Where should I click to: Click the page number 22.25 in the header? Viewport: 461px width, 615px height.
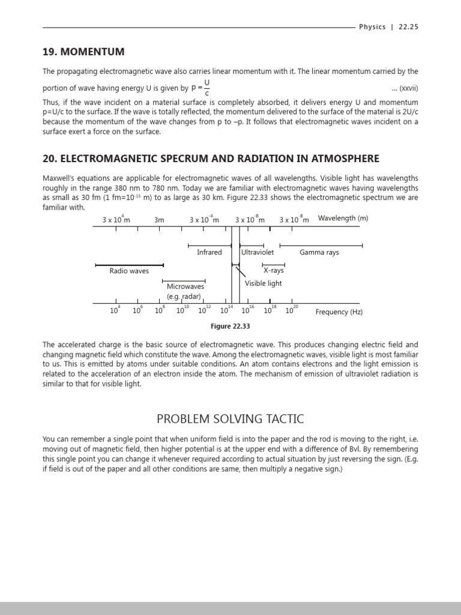pyautogui.click(x=408, y=27)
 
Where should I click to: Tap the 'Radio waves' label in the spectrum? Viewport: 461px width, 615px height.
pyautogui.click(x=129, y=271)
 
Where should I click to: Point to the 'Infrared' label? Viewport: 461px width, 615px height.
pyautogui.click(x=209, y=252)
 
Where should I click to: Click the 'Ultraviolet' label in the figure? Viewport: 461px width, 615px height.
pyautogui.click(x=258, y=252)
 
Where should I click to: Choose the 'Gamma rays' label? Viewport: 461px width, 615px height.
pyautogui.click(x=319, y=252)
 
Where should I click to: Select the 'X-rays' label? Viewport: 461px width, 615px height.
pyautogui.click(x=274, y=270)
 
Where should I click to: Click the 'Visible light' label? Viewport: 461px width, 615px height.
pyautogui.click(x=263, y=283)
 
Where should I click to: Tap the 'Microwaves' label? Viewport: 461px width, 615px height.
pyautogui.click(x=185, y=286)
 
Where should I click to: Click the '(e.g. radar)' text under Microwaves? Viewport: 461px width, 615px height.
pyautogui.click(x=184, y=296)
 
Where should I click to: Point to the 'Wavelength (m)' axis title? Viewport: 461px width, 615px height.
pyautogui.click(x=343, y=218)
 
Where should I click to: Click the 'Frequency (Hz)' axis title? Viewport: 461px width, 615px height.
pyautogui.click(x=339, y=312)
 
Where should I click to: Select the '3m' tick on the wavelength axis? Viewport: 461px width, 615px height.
pyautogui.click(x=159, y=220)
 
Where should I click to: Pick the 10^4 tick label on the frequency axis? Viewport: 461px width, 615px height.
pyautogui.click(x=115, y=311)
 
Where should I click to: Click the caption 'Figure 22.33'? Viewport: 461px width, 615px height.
pyautogui.click(x=230, y=326)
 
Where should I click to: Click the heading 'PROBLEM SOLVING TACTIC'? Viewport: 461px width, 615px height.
pyautogui.click(x=230, y=418)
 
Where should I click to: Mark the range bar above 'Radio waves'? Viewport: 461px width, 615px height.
pyautogui.click(x=129, y=265)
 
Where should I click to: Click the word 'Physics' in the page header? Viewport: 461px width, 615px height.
pyautogui.click(x=372, y=27)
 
